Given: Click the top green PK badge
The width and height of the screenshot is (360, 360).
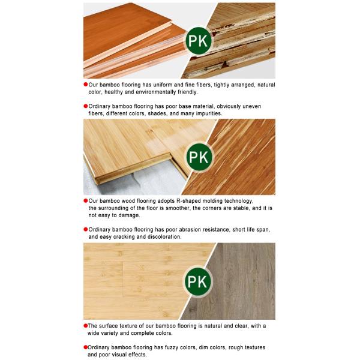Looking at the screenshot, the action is coord(198,41).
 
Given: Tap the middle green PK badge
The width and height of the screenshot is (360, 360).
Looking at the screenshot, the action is coord(199,157).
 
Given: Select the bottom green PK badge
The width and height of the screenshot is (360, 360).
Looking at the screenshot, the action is coord(197,281).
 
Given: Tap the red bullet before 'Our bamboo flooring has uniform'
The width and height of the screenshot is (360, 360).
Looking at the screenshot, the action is coord(86,85).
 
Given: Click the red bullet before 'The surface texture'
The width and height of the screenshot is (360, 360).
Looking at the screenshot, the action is coord(86,326).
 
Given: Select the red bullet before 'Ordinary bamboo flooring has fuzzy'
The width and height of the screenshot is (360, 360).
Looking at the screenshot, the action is coord(86,347).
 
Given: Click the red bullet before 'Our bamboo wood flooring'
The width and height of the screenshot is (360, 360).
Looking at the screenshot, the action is coord(86,200).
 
